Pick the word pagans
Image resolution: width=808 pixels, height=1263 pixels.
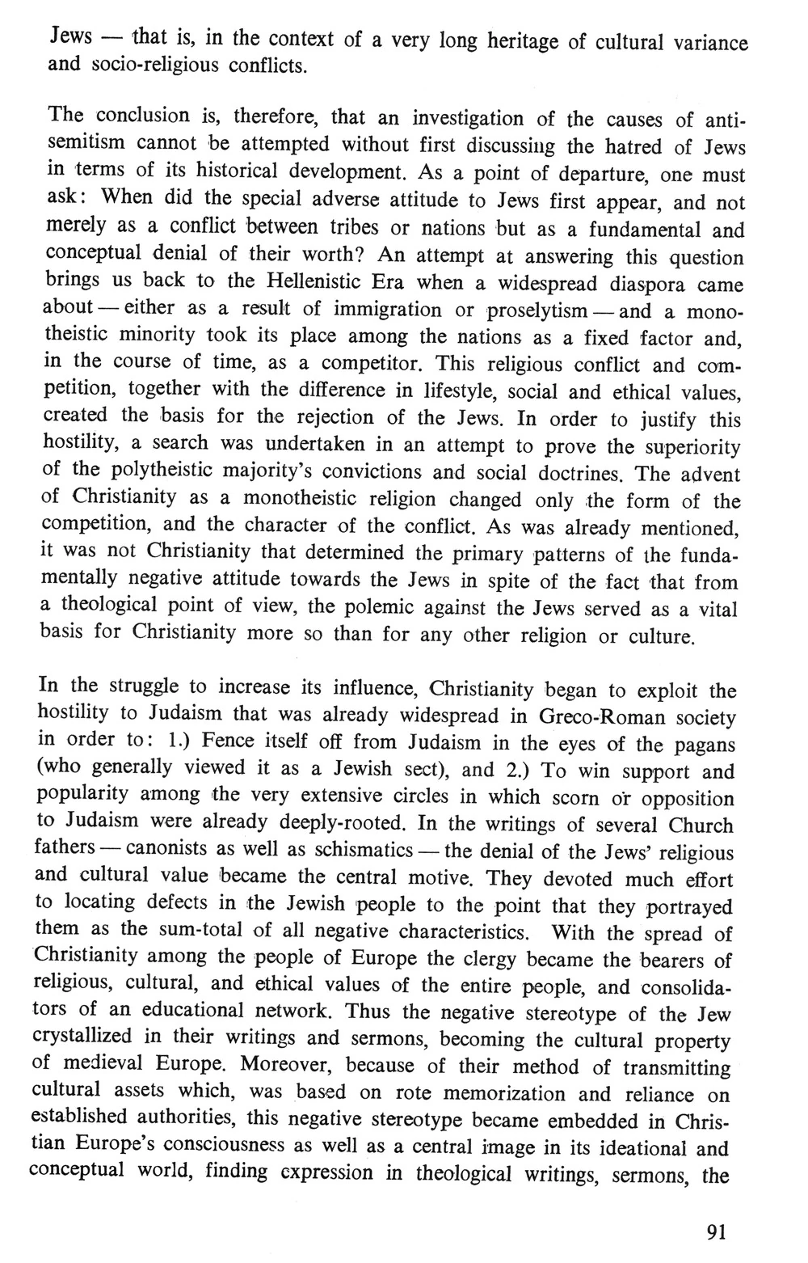point(700,744)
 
